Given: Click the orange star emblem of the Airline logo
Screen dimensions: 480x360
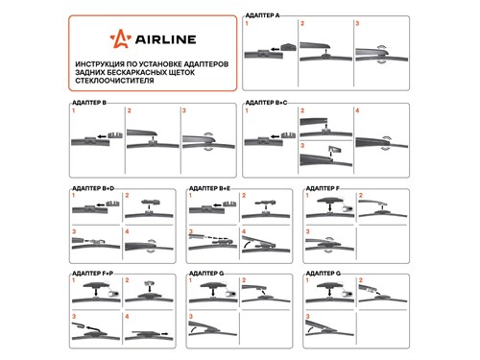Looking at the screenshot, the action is point(120,38).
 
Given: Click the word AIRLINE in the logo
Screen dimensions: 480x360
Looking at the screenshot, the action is point(165,39).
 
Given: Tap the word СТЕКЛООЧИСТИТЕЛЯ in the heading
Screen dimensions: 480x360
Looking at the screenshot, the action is point(114,81).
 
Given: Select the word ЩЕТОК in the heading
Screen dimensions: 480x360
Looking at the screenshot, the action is point(180,72).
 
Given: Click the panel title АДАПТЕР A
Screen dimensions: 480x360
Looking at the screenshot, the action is point(262,15).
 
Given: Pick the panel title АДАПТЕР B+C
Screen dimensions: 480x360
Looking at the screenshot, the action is point(266,103).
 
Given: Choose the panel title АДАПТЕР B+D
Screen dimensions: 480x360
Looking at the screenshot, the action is point(93,188).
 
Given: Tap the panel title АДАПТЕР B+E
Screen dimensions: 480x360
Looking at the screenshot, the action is point(209,188).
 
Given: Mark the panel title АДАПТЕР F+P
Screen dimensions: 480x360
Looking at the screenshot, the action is point(93,274).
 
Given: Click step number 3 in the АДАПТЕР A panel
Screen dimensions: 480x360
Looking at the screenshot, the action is point(357,23).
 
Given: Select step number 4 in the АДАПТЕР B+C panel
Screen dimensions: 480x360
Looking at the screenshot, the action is point(357,110).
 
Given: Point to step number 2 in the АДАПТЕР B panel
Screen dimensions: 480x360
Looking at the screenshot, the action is point(129,110).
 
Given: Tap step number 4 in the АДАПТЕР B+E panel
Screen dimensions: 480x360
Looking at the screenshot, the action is point(244,231).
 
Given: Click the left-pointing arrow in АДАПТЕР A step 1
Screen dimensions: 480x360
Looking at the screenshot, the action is point(275,49).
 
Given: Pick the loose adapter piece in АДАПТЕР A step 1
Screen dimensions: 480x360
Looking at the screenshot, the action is point(288,47).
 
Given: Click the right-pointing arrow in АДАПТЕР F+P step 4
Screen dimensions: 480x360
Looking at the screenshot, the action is point(164,333).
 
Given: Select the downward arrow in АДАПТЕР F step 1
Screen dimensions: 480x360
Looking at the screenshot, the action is point(330,206).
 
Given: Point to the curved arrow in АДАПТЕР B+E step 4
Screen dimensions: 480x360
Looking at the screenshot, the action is point(246,245).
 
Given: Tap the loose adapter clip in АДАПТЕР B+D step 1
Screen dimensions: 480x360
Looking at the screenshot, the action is point(112,204).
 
